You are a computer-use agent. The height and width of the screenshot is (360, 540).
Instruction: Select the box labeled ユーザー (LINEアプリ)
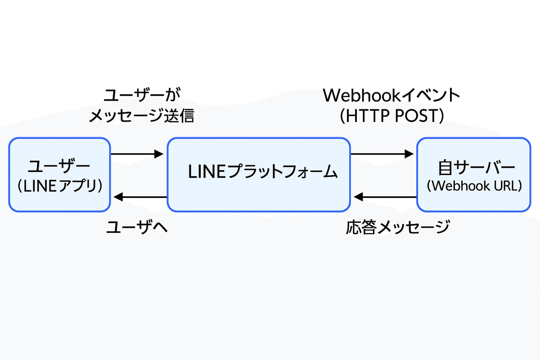[x=59, y=175]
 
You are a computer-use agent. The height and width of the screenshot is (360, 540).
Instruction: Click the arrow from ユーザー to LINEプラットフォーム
[x=136, y=154]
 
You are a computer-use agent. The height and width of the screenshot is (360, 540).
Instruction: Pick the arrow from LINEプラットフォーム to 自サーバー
[x=382, y=154]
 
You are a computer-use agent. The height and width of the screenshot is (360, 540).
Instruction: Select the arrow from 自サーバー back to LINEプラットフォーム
[x=385, y=197]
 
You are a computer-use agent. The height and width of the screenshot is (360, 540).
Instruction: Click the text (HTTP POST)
[x=392, y=116]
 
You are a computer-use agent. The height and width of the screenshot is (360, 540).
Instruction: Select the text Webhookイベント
[x=391, y=95]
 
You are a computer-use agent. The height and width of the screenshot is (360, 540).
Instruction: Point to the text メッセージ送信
[x=141, y=116]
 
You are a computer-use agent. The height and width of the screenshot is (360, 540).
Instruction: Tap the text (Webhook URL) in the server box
[x=474, y=186]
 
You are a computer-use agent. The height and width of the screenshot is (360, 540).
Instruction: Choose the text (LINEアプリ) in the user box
[x=59, y=186]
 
